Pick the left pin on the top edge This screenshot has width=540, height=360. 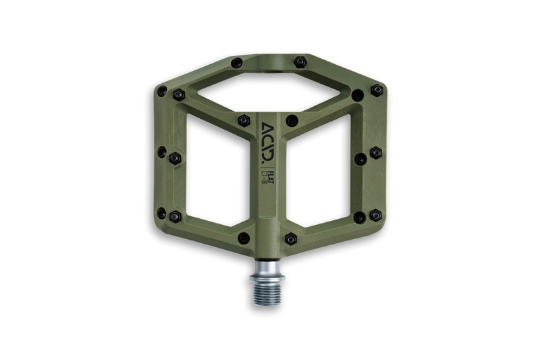click(x=236, y=63)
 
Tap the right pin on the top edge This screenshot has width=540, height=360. click(x=300, y=62)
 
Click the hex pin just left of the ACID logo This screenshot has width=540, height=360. click(x=244, y=121)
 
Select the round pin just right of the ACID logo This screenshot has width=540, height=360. click(x=292, y=121)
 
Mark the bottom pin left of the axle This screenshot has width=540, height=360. click(x=244, y=238)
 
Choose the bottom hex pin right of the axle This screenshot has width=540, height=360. click(x=291, y=238)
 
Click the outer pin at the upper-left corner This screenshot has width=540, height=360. click(x=162, y=91)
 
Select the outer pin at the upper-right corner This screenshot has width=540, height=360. click(x=377, y=90)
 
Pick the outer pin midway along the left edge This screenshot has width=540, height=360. click(x=162, y=153)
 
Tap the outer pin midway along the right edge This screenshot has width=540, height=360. click(x=376, y=153)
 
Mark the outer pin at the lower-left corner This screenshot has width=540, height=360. click(x=162, y=213)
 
